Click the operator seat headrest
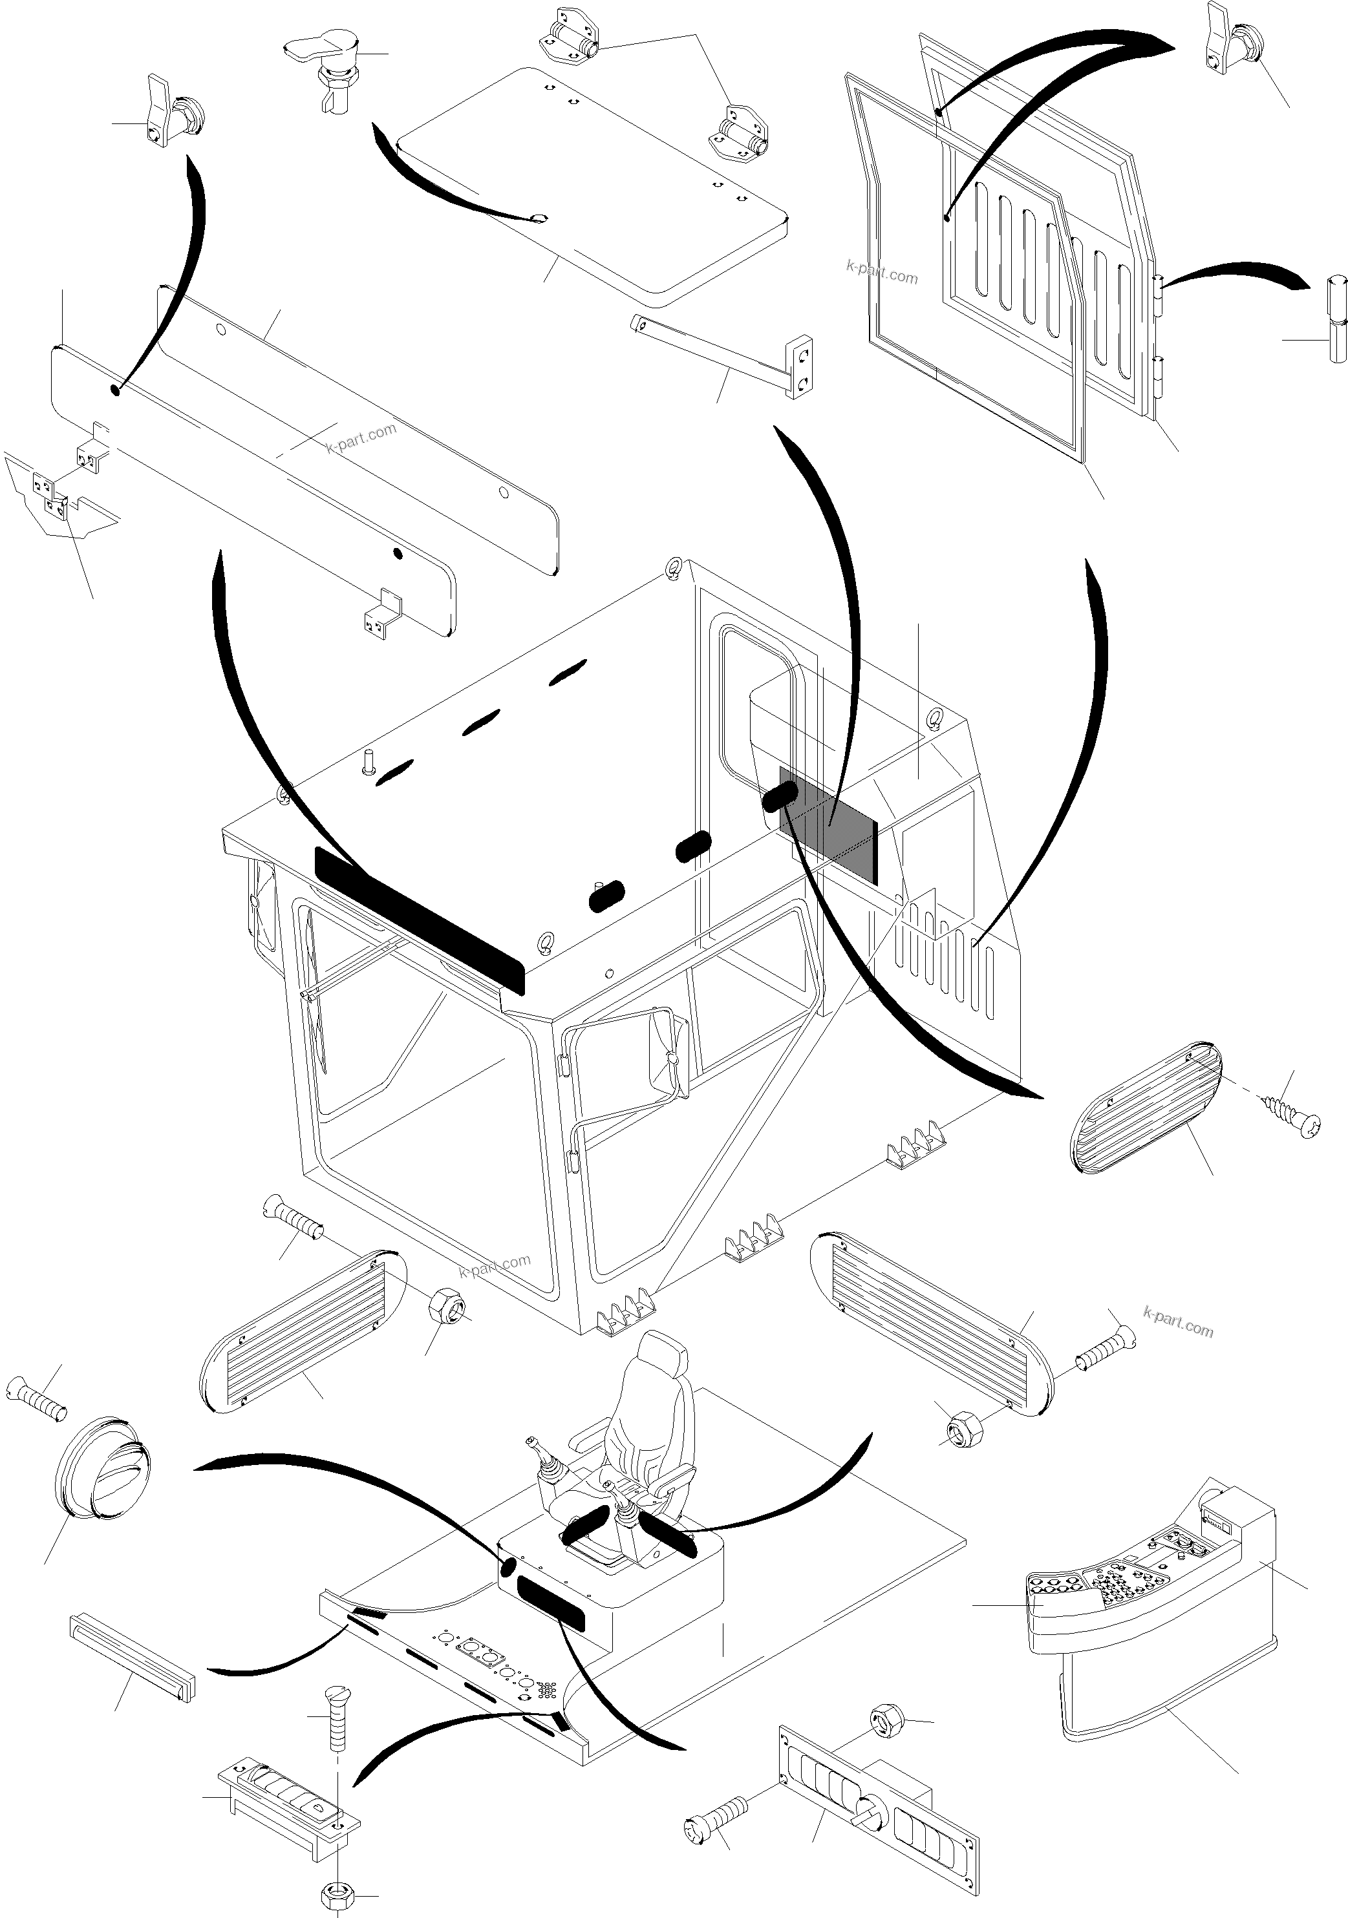point(659,1354)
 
